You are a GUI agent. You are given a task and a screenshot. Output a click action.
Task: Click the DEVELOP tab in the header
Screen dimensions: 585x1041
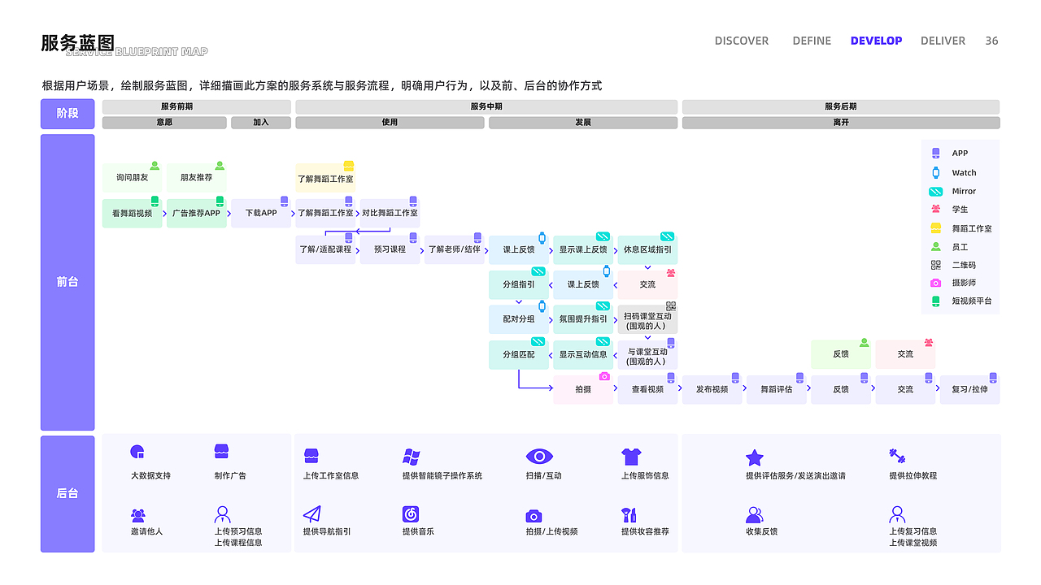(876, 41)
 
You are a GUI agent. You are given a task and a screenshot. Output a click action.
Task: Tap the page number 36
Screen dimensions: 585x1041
(991, 41)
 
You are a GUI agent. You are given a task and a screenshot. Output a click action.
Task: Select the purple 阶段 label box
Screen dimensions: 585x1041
(68, 114)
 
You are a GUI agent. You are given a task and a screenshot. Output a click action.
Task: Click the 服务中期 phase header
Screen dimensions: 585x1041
(486, 106)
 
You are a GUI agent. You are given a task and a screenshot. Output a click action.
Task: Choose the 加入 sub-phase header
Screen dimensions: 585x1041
(260, 123)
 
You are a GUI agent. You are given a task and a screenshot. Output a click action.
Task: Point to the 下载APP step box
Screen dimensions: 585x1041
(261, 213)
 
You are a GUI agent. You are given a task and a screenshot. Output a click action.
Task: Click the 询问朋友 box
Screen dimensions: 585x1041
(132, 177)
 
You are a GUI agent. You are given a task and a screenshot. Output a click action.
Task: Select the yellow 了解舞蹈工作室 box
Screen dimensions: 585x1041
(325, 178)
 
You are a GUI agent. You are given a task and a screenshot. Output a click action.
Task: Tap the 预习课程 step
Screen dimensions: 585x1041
(390, 249)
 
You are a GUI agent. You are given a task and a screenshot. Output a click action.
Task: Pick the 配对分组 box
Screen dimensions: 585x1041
(519, 319)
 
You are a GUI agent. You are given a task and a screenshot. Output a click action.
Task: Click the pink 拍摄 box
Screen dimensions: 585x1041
(583, 389)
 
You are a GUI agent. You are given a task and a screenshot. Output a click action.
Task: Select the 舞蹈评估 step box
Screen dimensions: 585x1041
(776, 389)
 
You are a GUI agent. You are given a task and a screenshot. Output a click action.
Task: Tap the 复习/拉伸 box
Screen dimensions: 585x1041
(969, 389)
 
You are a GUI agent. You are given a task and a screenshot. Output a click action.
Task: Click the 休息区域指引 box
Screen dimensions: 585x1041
(647, 249)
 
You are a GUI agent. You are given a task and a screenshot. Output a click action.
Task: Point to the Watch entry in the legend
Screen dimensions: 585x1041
(964, 172)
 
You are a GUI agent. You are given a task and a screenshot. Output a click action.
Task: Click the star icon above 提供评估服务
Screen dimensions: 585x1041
(755, 457)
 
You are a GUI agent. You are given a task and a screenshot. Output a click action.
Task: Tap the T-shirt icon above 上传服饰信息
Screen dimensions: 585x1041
(631, 456)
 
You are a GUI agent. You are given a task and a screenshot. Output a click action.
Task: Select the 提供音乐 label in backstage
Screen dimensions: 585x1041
(418, 531)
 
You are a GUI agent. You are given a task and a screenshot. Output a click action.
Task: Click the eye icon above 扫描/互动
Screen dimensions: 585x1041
(538, 456)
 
